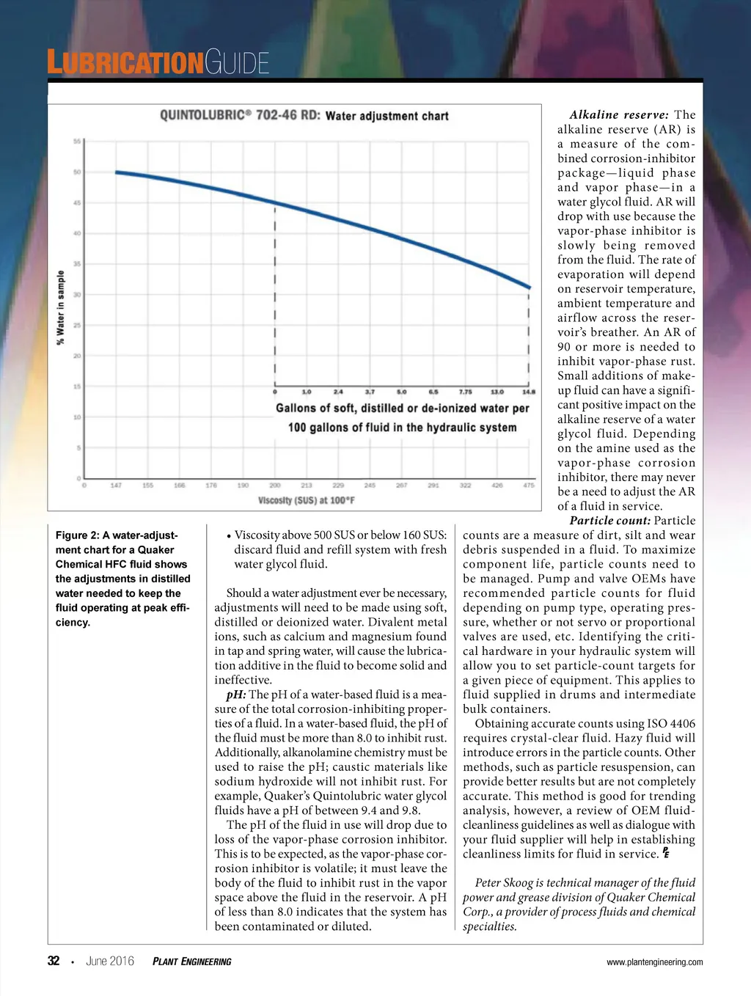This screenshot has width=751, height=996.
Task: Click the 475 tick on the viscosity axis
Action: (x=528, y=486)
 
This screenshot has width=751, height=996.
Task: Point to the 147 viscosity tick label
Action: (x=116, y=486)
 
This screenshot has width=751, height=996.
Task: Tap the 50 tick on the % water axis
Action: (x=77, y=172)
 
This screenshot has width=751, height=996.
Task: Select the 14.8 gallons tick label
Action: (x=528, y=392)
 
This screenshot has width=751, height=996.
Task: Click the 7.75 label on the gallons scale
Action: (x=465, y=392)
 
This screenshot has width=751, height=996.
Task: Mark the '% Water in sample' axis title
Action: (x=61, y=307)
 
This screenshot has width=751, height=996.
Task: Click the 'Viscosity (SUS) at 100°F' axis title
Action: (x=307, y=500)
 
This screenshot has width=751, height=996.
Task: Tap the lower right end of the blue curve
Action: (x=529, y=287)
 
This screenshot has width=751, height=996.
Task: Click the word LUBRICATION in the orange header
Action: (x=125, y=63)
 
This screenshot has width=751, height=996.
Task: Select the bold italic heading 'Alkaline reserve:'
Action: (x=619, y=115)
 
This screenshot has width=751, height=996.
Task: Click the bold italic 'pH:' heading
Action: (x=235, y=695)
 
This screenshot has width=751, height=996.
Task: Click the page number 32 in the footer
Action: (x=54, y=961)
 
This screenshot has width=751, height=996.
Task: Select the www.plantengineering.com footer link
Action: (x=654, y=962)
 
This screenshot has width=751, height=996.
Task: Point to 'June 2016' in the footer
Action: (x=110, y=961)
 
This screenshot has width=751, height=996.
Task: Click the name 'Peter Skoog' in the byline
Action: (x=507, y=883)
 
